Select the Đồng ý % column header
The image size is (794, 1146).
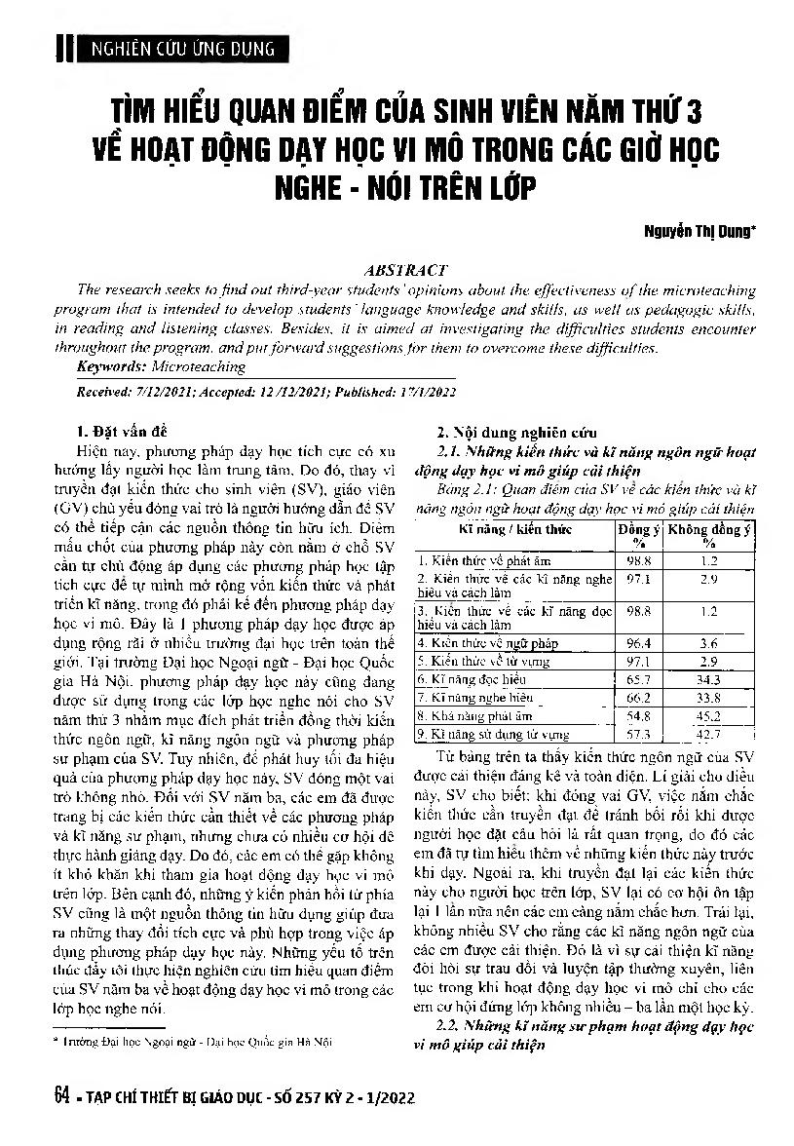(638, 534)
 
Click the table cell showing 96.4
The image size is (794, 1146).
(638, 643)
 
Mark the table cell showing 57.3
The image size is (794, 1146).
(638, 733)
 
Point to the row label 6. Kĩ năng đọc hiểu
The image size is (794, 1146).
(473, 678)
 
